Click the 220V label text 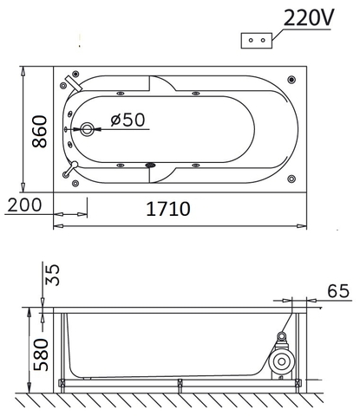(309, 18)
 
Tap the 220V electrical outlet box (257, 41)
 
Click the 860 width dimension (40, 132)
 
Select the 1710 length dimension (168, 209)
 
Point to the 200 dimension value (24, 205)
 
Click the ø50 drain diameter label (128, 120)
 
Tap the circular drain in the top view (87, 129)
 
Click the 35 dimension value (52, 275)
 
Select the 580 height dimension (41, 354)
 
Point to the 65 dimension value (338, 291)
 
